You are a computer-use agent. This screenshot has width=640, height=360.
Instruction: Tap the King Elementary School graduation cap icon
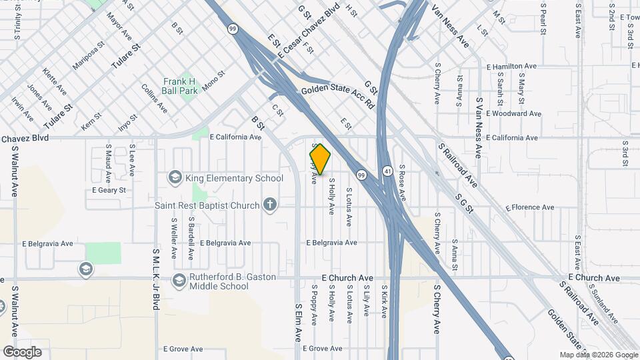(175, 177)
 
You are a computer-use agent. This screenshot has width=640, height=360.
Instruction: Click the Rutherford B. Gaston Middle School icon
(179, 280)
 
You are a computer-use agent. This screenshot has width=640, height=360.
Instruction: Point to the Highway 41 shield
(387, 171)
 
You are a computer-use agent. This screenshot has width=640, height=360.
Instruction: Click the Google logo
(22, 351)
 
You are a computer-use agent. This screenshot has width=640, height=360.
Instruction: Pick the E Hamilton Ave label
(511, 67)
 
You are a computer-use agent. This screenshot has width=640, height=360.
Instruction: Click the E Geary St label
(109, 190)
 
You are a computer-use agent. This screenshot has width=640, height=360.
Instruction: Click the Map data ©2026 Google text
(598, 355)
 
